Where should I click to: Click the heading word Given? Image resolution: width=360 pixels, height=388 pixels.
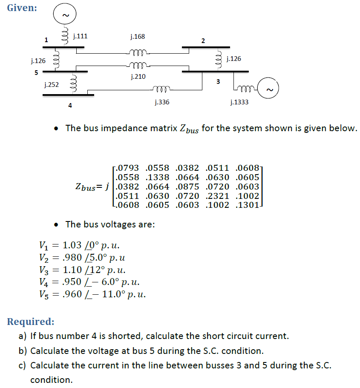pos(22,8)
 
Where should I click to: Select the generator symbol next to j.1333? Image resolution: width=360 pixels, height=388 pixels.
pos(269,89)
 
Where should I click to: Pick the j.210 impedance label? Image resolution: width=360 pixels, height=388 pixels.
pos(137,77)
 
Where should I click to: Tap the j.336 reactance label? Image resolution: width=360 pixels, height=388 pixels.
pos(161,102)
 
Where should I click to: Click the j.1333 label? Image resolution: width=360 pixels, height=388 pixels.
pos(239,102)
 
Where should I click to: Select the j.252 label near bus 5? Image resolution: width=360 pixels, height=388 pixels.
pos(51,85)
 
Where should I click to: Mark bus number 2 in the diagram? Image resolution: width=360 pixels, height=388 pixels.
pos(203,41)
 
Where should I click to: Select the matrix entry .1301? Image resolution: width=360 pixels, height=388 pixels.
pos(245,205)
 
